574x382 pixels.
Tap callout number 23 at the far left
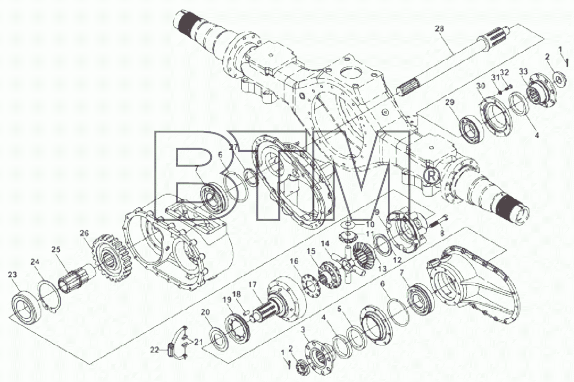13,274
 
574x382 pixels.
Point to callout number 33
524,71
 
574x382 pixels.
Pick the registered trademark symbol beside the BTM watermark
431,176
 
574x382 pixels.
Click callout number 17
253,284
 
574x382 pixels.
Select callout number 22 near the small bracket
155,350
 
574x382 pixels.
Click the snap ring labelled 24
49,295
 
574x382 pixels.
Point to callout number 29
450,103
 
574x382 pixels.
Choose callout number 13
382,269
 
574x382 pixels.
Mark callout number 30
481,85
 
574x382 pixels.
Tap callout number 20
205,312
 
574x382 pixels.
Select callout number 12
397,260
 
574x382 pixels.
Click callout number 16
294,261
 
